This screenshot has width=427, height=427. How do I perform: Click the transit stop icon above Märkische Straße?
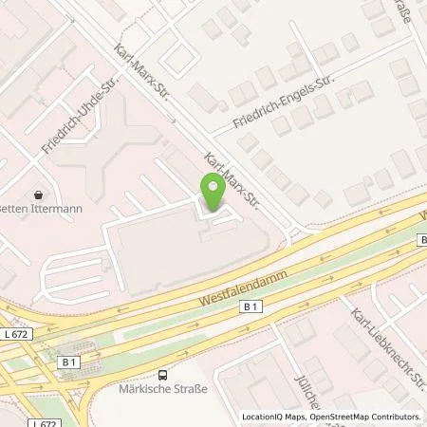pos(163,376)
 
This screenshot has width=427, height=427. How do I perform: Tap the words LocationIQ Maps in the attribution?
pos(276,416)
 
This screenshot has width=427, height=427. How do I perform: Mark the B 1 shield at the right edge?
pos(421,240)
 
